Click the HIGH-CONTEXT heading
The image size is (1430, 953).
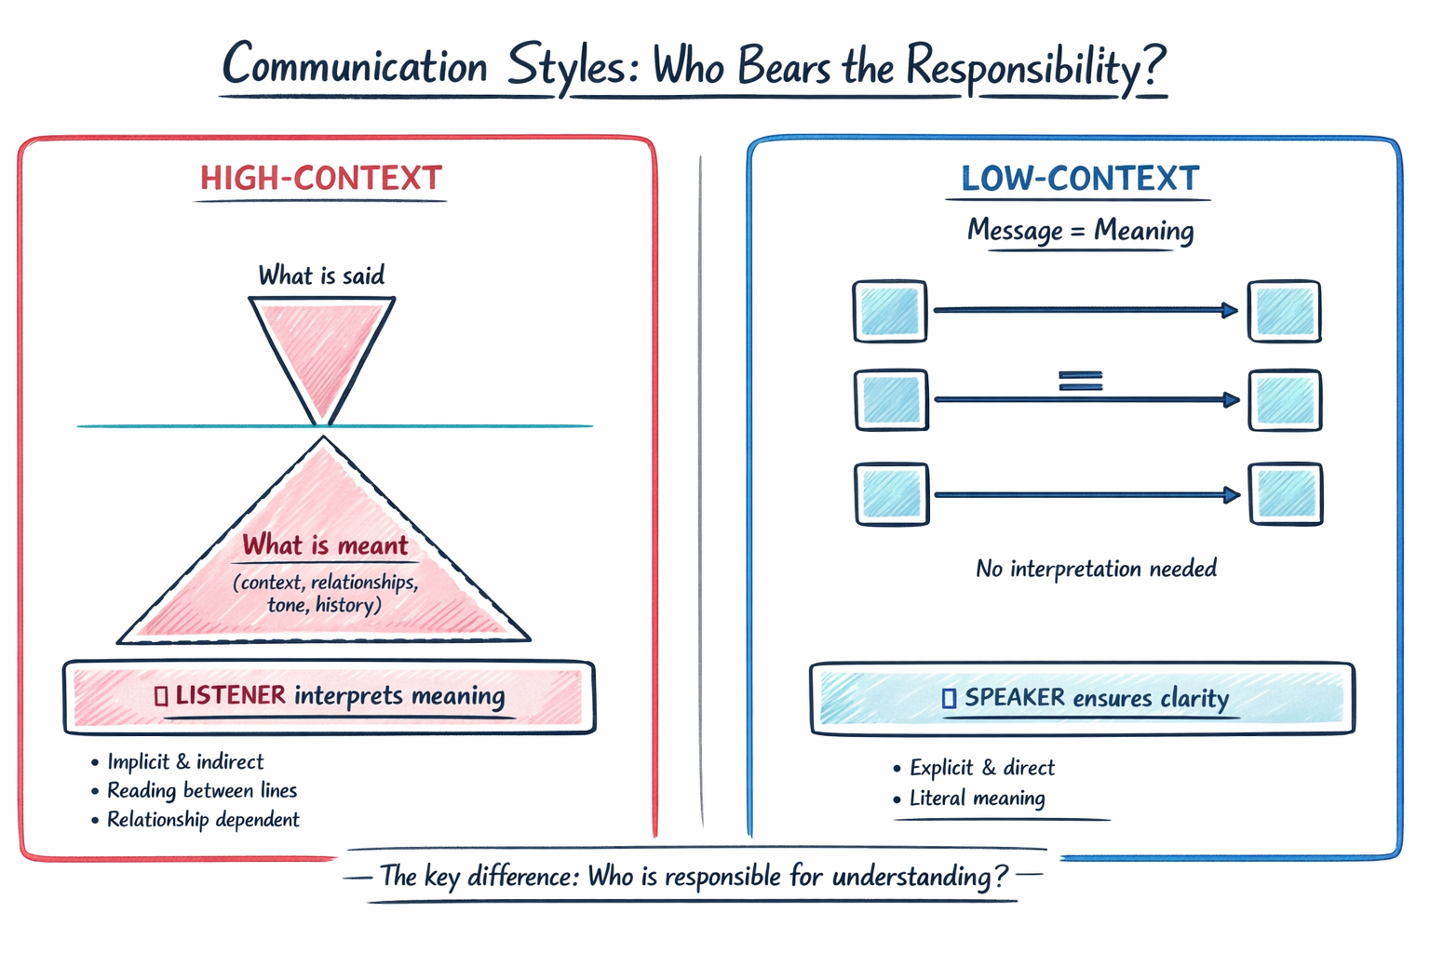(x=321, y=178)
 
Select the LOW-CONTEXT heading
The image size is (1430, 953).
(x=1080, y=178)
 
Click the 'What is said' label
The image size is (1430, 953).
(x=321, y=275)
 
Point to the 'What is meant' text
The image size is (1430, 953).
(x=325, y=545)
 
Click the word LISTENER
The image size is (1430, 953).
(x=230, y=695)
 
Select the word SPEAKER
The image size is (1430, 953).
(x=1014, y=697)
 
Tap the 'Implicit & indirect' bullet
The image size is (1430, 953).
(x=185, y=761)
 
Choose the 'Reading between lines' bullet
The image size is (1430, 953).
(x=202, y=790)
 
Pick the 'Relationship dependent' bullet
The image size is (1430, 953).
(x=203, y=819)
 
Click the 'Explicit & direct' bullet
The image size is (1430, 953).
(x=981, y=768)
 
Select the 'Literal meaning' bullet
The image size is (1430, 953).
(x=977, y=798)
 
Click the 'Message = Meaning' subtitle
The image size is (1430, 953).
(x=1080, y=230)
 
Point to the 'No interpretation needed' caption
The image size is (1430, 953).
(x=1096, y=569)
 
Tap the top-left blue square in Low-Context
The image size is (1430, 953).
(x=890, y=311)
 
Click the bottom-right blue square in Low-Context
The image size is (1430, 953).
(x=1286, y=494)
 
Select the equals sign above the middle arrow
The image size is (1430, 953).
(x=1080, y=380)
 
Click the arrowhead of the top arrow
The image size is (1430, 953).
(x=1230, y=310)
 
